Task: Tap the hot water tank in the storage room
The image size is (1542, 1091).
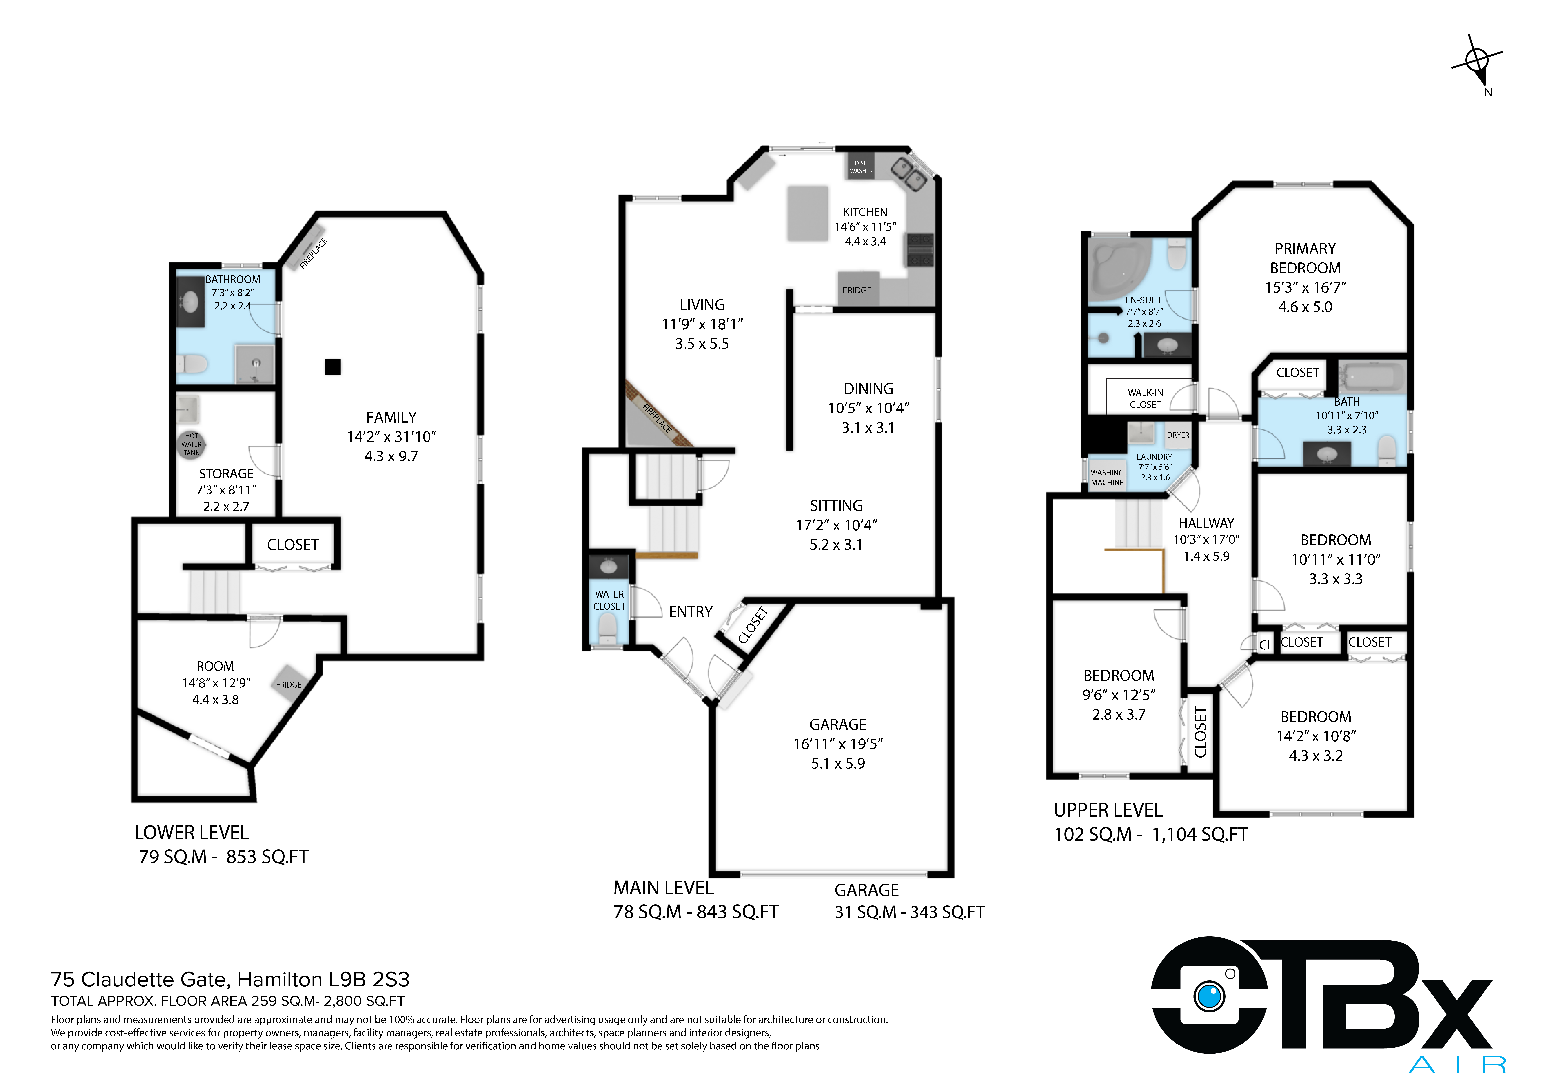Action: (x=191, y=444)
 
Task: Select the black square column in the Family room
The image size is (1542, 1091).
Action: (x=332, y=366)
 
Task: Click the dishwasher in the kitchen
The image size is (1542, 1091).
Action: (x=861, y=167)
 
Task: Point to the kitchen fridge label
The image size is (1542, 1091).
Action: (x=857, y=290)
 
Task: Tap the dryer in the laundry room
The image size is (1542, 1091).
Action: (x=1178, y=435)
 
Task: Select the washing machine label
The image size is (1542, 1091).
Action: (x=1107, y=478)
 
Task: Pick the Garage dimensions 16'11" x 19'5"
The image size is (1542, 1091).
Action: (x=838, y=744)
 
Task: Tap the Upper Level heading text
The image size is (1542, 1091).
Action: (x=1108, y=810)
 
